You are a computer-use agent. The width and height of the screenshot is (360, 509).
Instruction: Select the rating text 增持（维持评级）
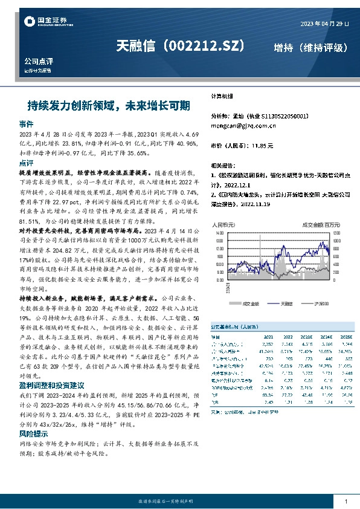[310, 47]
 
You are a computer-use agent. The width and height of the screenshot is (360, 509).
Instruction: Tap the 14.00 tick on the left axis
[217, 232]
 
